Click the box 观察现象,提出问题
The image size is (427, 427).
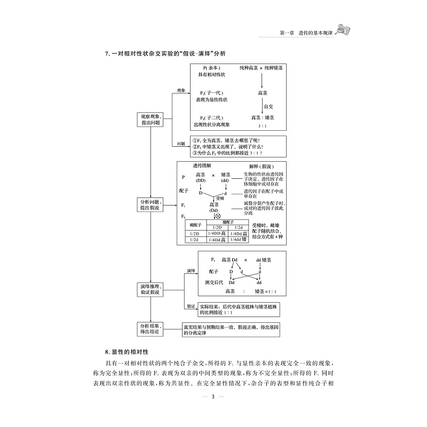(x=151, y=119)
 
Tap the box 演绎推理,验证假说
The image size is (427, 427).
(x=151, y=289)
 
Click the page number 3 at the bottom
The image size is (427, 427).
(x=213, y=396)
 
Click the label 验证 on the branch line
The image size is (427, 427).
(x=190, y=306)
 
